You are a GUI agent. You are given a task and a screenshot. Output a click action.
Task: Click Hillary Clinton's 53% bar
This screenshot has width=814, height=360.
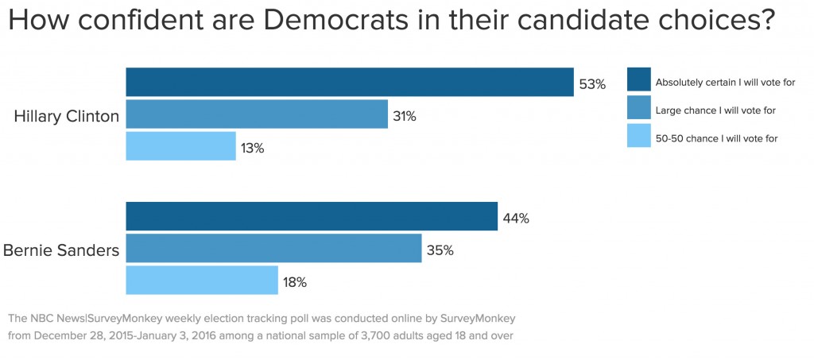[350, 83]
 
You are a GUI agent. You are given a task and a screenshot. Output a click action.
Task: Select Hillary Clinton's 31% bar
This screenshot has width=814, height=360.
[257, 114]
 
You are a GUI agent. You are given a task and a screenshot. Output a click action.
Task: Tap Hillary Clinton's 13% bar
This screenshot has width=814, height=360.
[180, 146]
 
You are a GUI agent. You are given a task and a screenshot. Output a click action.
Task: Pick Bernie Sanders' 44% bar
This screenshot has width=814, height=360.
[312, 217]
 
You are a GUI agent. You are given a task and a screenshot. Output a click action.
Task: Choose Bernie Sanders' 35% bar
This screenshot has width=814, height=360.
[273, 248]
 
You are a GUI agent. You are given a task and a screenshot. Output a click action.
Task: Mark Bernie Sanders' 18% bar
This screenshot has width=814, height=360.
[202, 280]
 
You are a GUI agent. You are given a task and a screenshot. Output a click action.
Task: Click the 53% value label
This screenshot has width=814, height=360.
[592, 83]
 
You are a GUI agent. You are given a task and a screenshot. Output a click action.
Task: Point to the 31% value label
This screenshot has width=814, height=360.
[404, 116]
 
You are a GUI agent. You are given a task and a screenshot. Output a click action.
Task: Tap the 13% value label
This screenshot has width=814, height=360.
[252, 148]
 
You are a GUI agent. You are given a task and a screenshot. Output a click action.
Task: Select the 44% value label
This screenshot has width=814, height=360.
[516, 219]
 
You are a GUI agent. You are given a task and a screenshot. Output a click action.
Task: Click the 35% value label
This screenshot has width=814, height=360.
[440, 250]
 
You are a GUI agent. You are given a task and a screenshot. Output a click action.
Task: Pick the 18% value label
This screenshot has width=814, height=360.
[294, 281]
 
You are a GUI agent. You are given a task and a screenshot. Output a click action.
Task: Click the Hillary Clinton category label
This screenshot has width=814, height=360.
[67, 116]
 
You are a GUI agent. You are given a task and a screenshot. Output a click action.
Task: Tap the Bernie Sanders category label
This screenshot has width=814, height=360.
[61, 250]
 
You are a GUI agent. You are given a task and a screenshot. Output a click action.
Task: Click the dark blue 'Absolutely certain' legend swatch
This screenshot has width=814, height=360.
[638, 81]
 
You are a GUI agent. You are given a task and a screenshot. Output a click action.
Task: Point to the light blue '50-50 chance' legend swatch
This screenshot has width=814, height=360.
[638, 137]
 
